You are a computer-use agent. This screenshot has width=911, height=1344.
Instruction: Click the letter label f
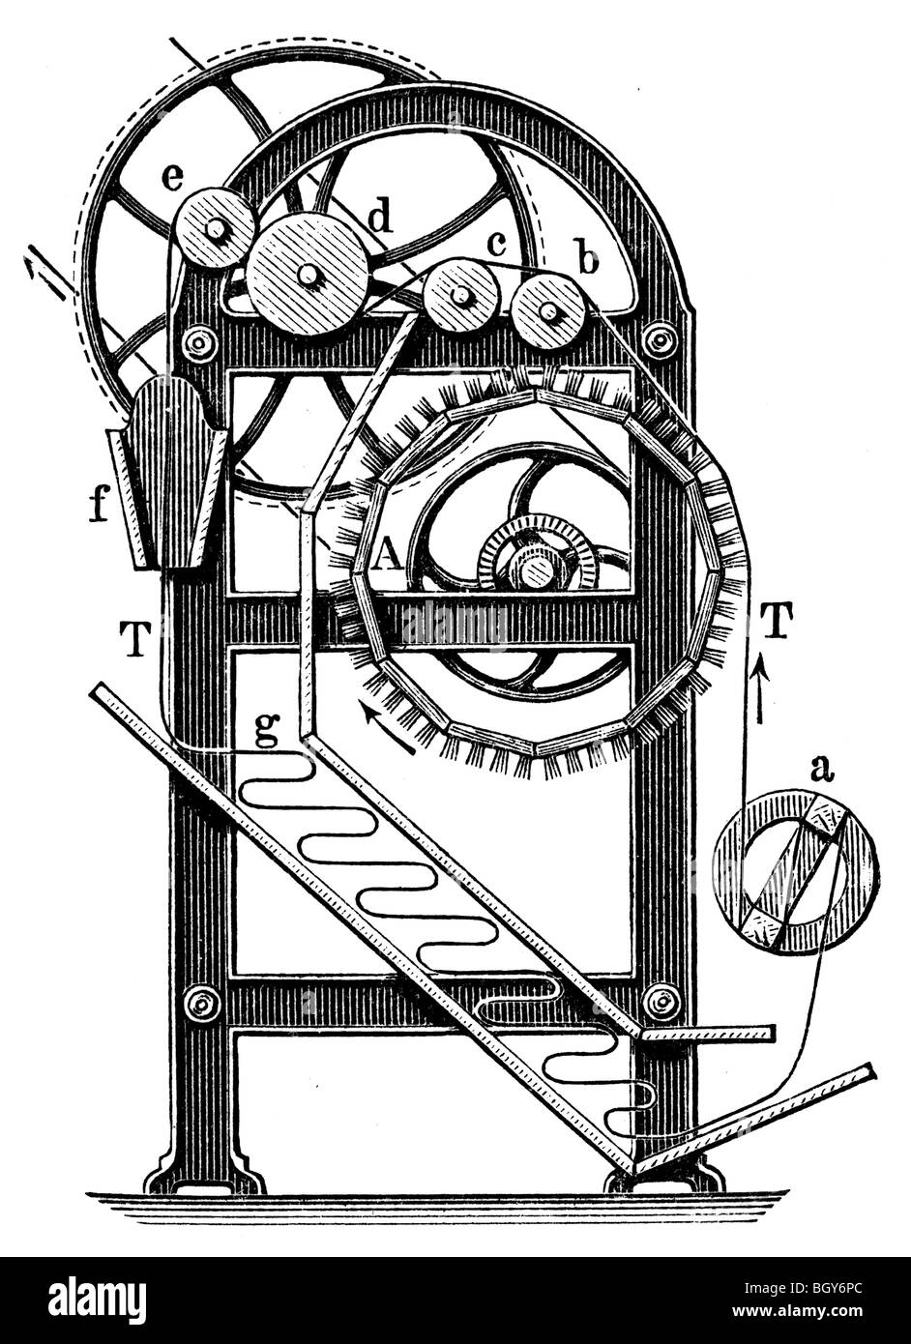98,506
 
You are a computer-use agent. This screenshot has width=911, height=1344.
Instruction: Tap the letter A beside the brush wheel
386,554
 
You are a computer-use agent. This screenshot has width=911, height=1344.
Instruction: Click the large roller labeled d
308,275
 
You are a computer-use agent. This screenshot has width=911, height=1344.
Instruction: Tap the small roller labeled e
215,230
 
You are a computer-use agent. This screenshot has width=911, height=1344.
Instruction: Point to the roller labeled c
461,295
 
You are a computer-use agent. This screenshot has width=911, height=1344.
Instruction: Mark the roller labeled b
548,310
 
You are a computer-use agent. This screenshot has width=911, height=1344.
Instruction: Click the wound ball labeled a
795,871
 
